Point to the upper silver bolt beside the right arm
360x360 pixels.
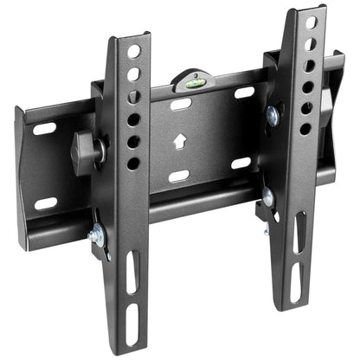[x=273, y=114]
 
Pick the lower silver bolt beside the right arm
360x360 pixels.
[x=268, y=197]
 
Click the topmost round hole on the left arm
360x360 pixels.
[x=133, y=52]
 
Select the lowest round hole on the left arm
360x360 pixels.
[x=133, y=163]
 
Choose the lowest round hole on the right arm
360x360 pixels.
[x=305, y=128]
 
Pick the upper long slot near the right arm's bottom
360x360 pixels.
[x=300, y=235]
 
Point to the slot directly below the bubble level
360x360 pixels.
[x=181, y=104]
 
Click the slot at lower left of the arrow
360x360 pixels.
[x=179, y=176]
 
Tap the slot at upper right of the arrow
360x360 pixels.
[x=244, y=92]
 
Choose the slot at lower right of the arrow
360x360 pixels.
[x=241, y=163]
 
